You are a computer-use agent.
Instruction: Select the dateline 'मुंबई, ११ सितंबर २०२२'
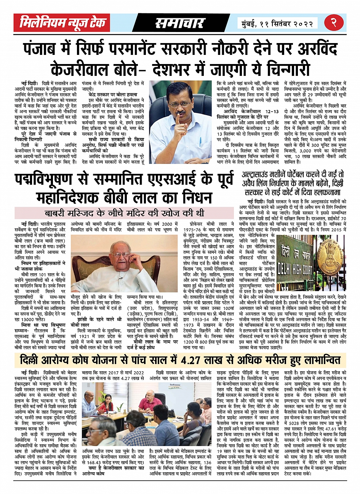(277, 23)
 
